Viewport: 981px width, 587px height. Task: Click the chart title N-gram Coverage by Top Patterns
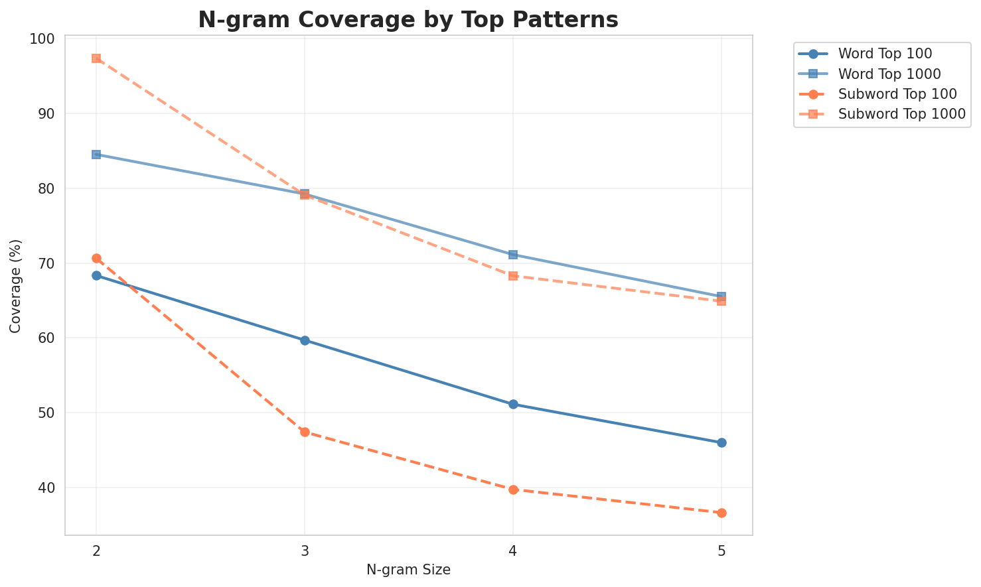click(408, 20)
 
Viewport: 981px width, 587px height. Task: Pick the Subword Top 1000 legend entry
click(901, 113)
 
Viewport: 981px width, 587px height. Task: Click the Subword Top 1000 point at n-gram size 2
click(96, 58)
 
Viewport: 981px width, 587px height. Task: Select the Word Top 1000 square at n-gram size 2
click(96, 155)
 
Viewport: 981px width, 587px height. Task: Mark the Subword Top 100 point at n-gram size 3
click(305, 432)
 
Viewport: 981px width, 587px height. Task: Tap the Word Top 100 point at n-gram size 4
click(513, 404)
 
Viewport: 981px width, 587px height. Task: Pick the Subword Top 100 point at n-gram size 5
click(721, 513)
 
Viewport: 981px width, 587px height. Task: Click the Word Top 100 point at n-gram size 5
click(721, 442)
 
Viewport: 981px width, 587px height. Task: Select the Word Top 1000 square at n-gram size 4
click(513, 255)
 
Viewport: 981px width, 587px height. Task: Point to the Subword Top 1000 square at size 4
click(513, 275)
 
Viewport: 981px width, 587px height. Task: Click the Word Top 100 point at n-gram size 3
click(305, 340)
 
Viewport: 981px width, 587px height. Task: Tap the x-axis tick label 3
click(305, 552)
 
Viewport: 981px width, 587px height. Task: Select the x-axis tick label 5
click(721, 552)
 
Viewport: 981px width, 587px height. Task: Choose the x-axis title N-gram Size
click(408, 570)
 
